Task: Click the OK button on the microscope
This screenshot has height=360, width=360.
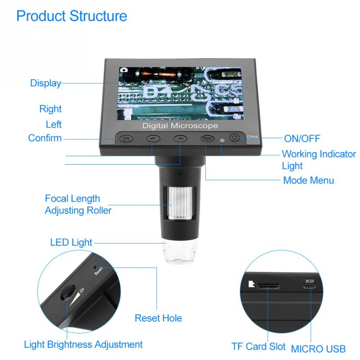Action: click(x=126, y=139)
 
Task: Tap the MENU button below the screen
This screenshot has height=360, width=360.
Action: click(x=207, y=139)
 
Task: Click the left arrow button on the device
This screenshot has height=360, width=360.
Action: click(x=153, y=139)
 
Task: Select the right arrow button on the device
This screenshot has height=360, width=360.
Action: click(x=180, y=139)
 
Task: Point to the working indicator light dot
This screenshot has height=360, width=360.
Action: click(x=222, y=139)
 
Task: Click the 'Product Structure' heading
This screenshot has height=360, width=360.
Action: click(x=72, y=16)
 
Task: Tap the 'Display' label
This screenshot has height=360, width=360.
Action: click(x=45, y=83)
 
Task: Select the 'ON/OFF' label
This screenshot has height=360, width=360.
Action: click(x=302, y=138)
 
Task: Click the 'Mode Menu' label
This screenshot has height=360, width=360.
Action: click(x=308, y=180)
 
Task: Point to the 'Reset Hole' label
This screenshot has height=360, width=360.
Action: click(x=158, y=318)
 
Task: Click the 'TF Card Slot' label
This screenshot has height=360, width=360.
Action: click(x=258, y=346)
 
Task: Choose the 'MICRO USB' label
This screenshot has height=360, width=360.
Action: click(x=318, y=348)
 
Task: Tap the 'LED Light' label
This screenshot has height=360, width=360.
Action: click(x=72, y=243)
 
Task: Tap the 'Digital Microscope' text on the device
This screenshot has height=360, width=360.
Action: click(x=180, y=126)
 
